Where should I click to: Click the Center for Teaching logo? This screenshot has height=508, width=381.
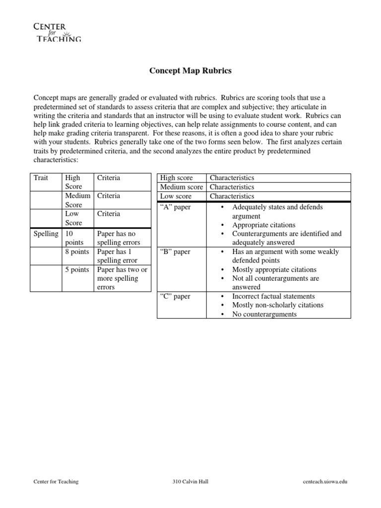tap(57, 31)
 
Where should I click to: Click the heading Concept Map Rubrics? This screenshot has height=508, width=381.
tap(190, 71)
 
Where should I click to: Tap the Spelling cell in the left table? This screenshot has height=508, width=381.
tap(46, 234)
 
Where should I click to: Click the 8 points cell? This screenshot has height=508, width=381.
tap(77, 252)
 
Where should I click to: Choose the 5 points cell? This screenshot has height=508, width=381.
tap(77, 270)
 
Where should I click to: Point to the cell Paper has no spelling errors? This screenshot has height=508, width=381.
tap(119, 238)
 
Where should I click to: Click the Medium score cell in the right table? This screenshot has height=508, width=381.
tap(181, 187)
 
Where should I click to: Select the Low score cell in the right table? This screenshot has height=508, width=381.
tap(176, 196)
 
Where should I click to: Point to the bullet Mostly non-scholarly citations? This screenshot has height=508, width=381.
tap(278, 305)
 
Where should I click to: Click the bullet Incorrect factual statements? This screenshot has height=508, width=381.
tap(273, 296)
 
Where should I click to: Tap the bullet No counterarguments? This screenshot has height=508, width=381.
tap(264, 314)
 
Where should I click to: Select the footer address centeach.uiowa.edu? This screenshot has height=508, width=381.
tap(325, 482)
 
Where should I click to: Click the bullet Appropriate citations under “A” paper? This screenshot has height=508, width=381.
tap(263, 225)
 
